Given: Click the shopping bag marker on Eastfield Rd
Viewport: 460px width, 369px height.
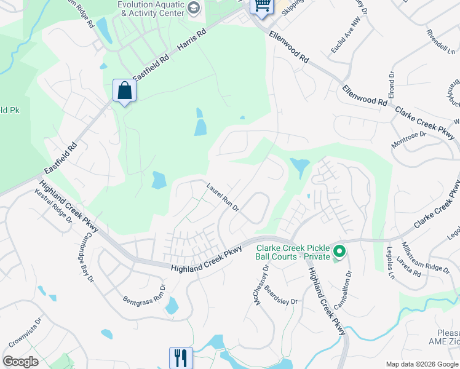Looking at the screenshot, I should pyautogui.click(x=124, y=91).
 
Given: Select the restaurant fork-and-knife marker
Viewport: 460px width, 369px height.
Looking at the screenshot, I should pyautogui.click(x=181, y=357).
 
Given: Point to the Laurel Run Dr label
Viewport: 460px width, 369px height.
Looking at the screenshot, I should pyautogui.click(x=223, y=197).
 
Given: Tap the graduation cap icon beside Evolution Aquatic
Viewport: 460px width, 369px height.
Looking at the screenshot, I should pyautogui.click(x=194, y=7).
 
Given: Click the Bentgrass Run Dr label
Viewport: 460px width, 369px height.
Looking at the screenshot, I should pyautogui.click(x=145, y=293).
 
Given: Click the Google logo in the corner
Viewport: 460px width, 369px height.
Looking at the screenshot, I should pyautogui.click(x=20, y=362).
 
